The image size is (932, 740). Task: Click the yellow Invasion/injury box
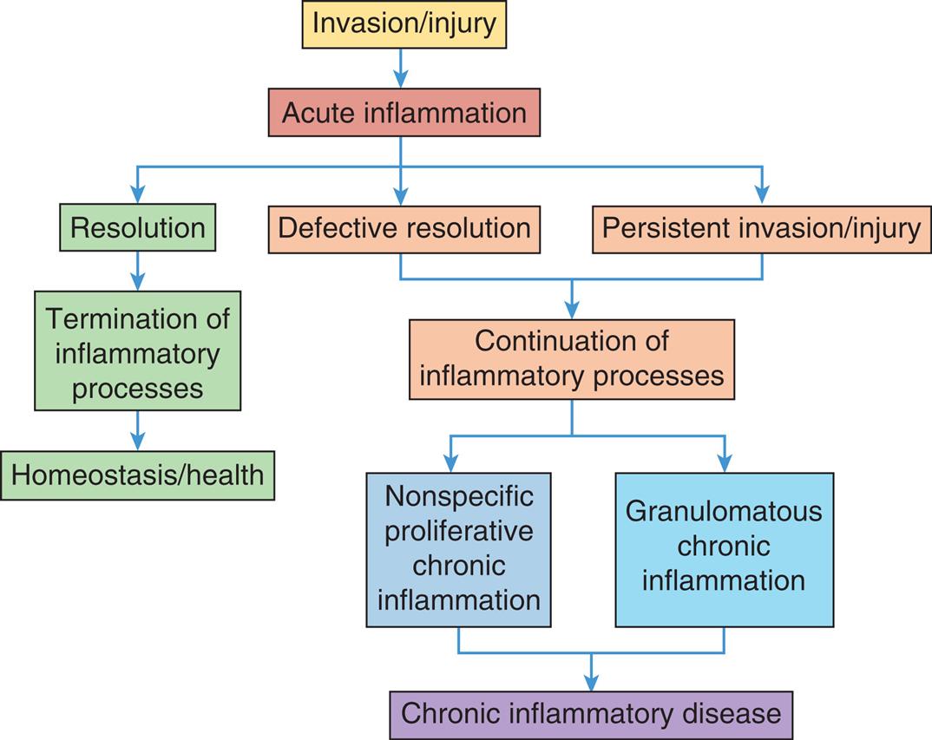pyautogui.click(x=404, y=24)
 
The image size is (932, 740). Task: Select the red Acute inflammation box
pyautogui.click(x=404, y=113)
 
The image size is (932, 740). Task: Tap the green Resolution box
pyautogui.click(x=138, y=228)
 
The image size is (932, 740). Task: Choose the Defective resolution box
pyautogui.click(x=404, y=228)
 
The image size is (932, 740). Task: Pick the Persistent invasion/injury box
pyautogui.click(x=761, y=228)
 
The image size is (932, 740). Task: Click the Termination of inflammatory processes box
pyautogui.click(x=137, y=350)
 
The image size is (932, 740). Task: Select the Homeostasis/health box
pyautogui.click(x=137, y=475)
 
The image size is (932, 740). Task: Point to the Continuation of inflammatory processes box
pyautogui.click(x=572, y=358)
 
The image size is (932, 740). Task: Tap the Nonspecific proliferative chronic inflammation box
pyautogui.click(x=458, y=549)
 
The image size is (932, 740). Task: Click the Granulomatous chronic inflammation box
pyautogui.click(x=724, y=549)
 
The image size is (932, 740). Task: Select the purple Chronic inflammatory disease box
pyautogui.click(x=591, y=714)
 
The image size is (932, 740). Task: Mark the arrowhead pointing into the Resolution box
pyautogui.click(x=137, y=195)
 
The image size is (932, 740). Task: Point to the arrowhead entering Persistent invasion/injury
pyautogui.click(x=762, y=195)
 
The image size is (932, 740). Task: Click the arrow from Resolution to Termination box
pyautogui.click(x=137, y=272)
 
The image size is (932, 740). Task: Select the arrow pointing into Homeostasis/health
pyautogui.click(x=137, y=431)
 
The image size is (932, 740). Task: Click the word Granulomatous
pyautogui.click(x=724, y=512)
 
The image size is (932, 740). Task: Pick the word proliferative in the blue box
pyautogui.click(x=458, y=531)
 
